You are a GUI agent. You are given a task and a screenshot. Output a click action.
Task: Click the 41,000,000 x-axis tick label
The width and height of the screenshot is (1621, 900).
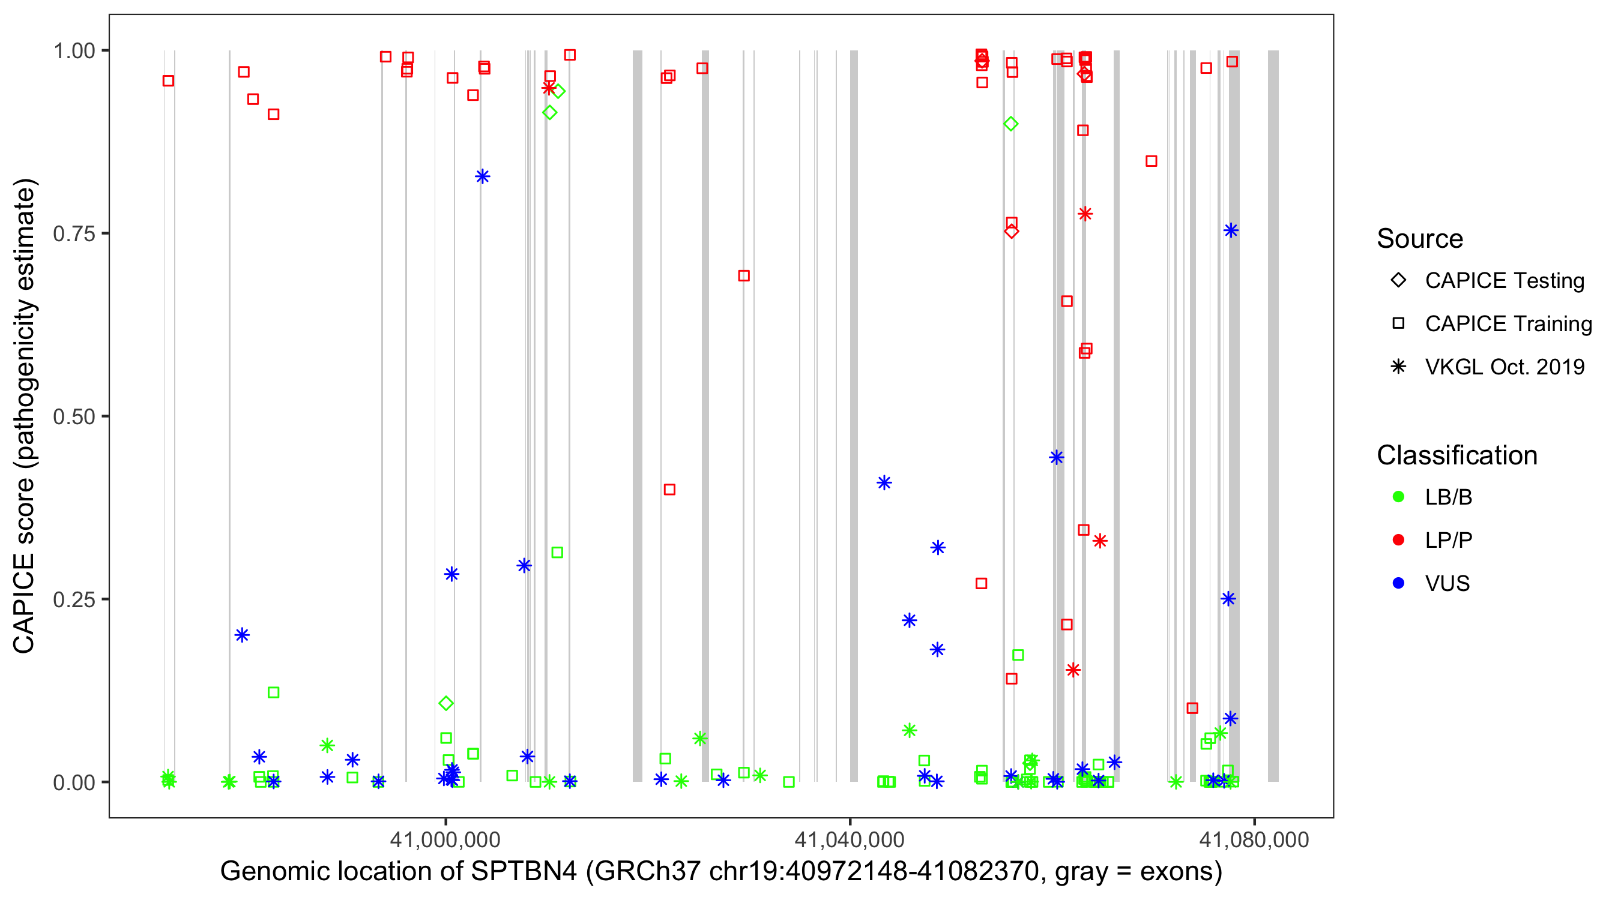tap(445, 839)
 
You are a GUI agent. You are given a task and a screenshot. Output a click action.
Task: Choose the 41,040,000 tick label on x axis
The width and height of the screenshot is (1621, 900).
tap(850, 839)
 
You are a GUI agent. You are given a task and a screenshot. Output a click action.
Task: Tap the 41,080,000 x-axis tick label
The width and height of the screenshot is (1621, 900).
tap(1254, 839)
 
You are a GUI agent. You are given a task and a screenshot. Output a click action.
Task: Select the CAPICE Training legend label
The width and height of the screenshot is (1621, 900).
tap(1508, 324)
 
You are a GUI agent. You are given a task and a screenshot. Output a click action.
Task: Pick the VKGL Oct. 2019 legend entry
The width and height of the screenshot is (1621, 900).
tap(1504, 367)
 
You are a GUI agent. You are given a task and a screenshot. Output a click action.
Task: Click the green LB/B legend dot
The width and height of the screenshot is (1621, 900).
tap(1398, 497)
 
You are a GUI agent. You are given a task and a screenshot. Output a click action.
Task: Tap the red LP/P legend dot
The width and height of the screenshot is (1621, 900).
tap(1398, 540)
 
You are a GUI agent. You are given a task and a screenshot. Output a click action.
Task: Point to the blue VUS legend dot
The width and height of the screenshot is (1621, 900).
tap(1398, 584)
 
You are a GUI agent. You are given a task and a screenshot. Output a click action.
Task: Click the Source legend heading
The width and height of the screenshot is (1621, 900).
tap(1420, 239)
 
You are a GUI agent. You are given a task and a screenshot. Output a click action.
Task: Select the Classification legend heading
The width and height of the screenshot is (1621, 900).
tap(1456, 455)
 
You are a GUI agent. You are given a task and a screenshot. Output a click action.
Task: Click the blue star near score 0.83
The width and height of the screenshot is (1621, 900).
tap(483, 177)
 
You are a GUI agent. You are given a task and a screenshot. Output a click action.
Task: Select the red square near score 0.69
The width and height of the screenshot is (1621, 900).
tap(744, 276)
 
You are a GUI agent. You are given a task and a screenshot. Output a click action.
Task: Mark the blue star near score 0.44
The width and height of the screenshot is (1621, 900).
tap(1057, 457)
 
